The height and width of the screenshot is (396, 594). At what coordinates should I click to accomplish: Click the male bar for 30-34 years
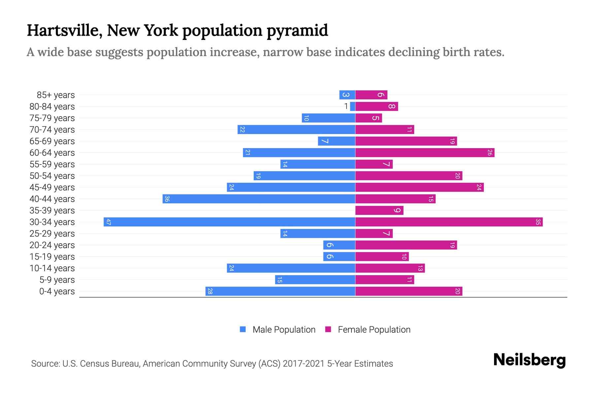click(229, 222)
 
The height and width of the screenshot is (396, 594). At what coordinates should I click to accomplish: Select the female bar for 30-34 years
click(449, 222)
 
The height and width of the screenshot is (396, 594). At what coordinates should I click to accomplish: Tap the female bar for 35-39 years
click(379, 210)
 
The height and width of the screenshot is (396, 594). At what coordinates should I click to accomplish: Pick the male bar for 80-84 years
click(353, 106)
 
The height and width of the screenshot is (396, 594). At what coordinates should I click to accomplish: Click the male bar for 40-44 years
click(259, 199)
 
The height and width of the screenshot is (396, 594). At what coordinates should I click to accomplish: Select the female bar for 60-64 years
click(425, 152)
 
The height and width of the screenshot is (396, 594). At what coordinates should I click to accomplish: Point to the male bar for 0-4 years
click(280, 291)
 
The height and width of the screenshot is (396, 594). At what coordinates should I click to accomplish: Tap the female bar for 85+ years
click(371, 95)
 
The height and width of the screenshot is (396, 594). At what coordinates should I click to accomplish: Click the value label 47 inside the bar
click(109, 222)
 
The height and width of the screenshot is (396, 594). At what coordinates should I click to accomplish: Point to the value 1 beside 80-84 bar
click(346, 106)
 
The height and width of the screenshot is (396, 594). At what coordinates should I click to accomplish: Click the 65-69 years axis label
click(52, 141)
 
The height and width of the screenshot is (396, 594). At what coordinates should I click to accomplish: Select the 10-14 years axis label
click(52, 268)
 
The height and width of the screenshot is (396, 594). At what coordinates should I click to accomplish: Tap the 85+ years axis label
click(56, 95)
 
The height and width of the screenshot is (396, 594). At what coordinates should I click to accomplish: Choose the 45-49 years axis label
click(52, 187)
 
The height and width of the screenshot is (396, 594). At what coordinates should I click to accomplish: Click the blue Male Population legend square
click(243, 329)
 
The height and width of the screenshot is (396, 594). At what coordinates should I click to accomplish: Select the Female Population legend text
click(374, 329)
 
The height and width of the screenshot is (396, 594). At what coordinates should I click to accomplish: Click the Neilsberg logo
click(529, 360)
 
